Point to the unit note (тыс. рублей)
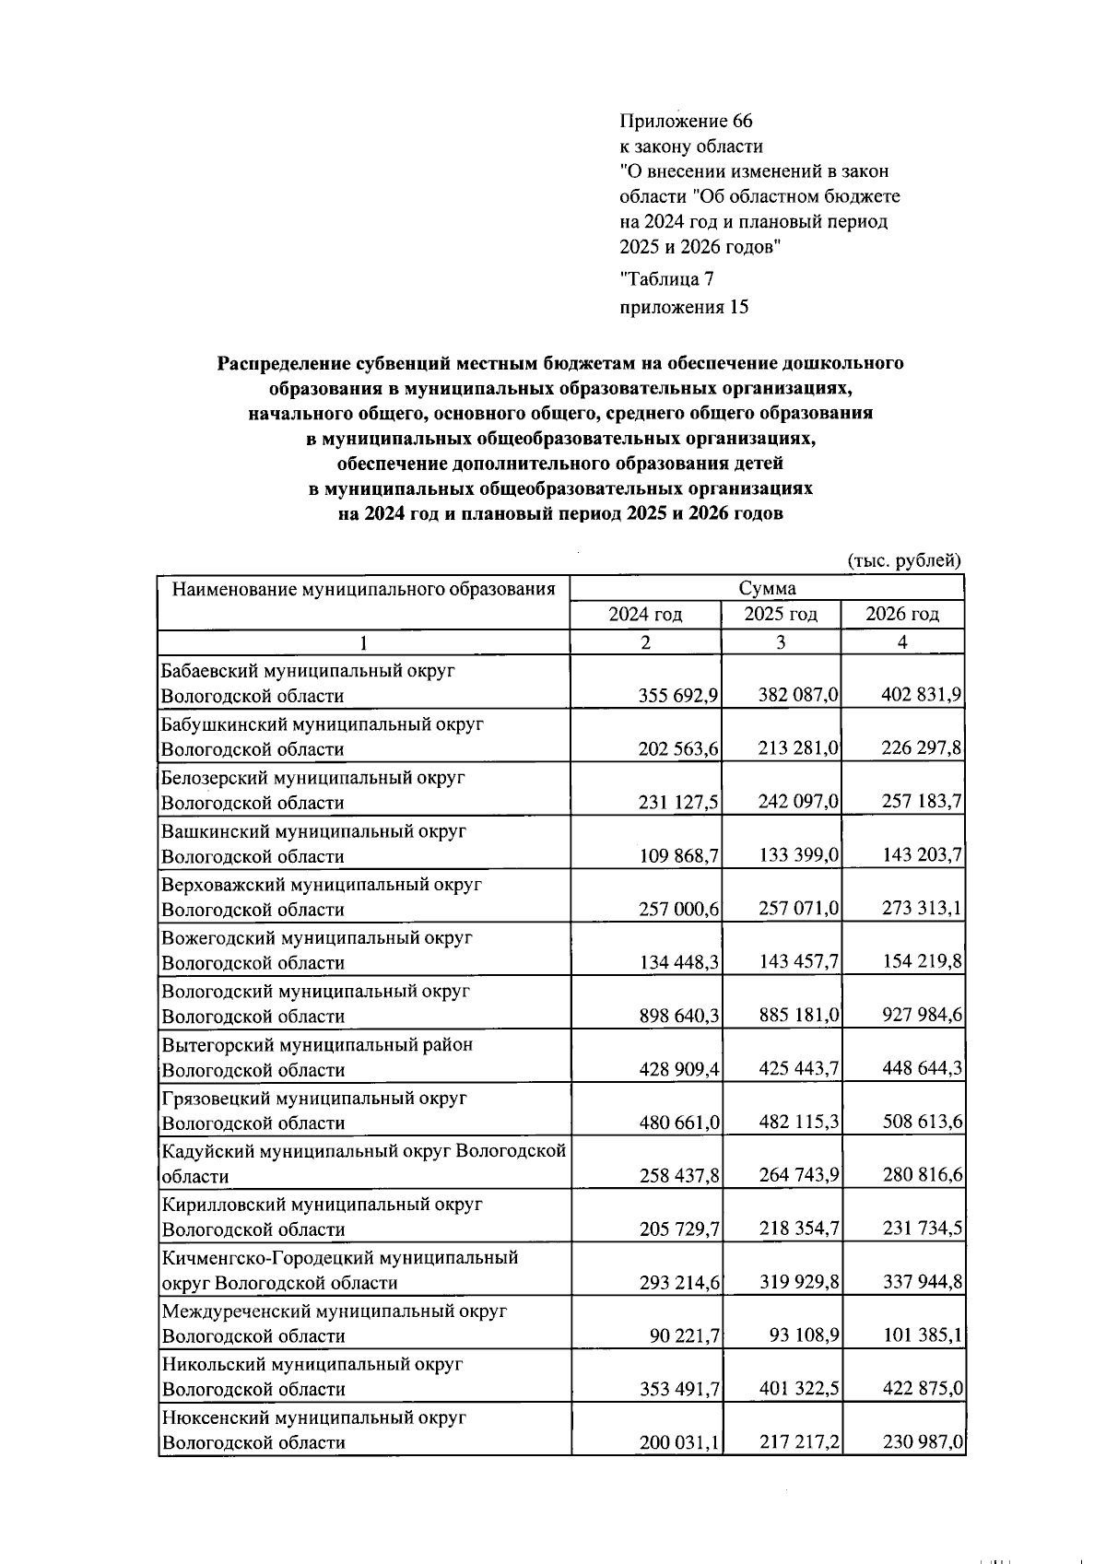coord(903,560)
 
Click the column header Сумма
coord(767,589)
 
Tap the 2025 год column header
coord(781,615)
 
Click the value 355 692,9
coord(678,696)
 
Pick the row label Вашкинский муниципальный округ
coord(313,831)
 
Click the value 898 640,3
coord(678,1017)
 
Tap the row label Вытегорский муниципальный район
coord(317,1045)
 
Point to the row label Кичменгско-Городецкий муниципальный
coord(340,1258)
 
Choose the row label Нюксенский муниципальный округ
coord(313,1417)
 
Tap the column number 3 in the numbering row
coord(781,643)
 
